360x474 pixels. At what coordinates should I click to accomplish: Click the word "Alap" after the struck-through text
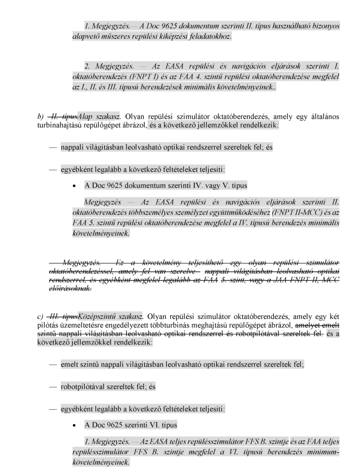85,118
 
